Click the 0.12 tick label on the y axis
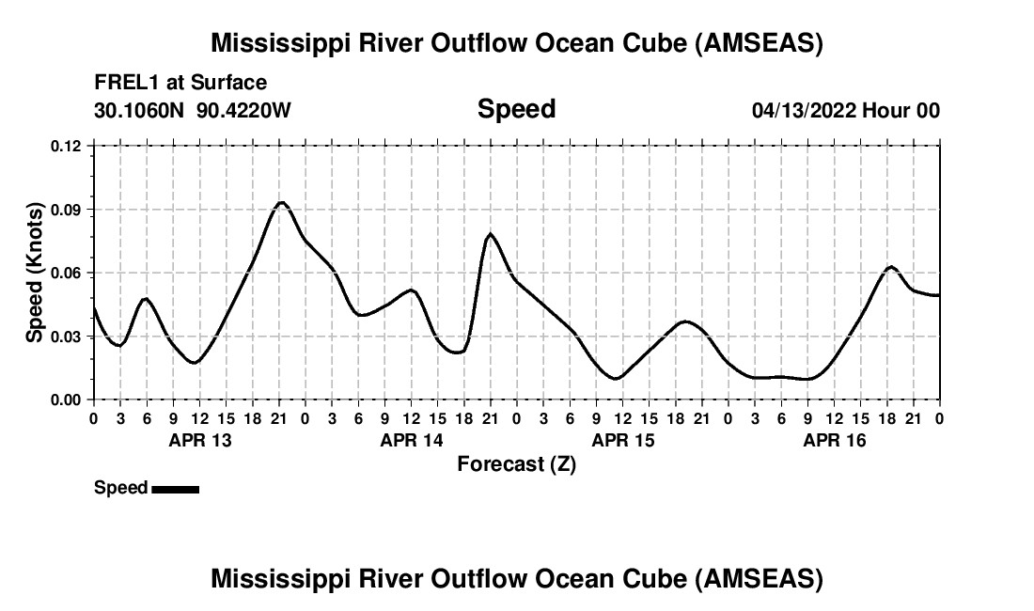pyautogui.click(x=68, y=146)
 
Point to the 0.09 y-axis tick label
pyautogui.click(x=68, y=209)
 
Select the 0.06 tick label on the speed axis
pyautogui.click(x=68, y=273)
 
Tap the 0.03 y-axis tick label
pyautogui.click(x=68, y=337)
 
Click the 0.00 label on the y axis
pyautogui.click(x=68, y=399)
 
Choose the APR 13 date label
pyautogui.click(x=199, y=440)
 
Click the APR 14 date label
pyautogui.click(x=411, y=440)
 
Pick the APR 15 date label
pyautogui.click(x=622, y=440)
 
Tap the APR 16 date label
pyautogui.click(x=834, y=440)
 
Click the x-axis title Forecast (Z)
pyautogui.click(x=516, y=463)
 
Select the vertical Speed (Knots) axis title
pyautogui.click(x=35, y=272)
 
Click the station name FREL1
pyautogui.click(x=127, y=83)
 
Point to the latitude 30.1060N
pyautogui.click(x=141, y=110)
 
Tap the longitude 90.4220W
pyautogui.click(x=244, y=110)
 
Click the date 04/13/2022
pyautogui.click(x=803, y=110)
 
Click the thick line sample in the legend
pyautogui.click(x=175, y=488)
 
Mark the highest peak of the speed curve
pyautogui.click(x=280, y=202)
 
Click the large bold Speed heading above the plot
pyautogui.click(x=516, y=109)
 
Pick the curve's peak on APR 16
pyautogui.click(x=891, y=267)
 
